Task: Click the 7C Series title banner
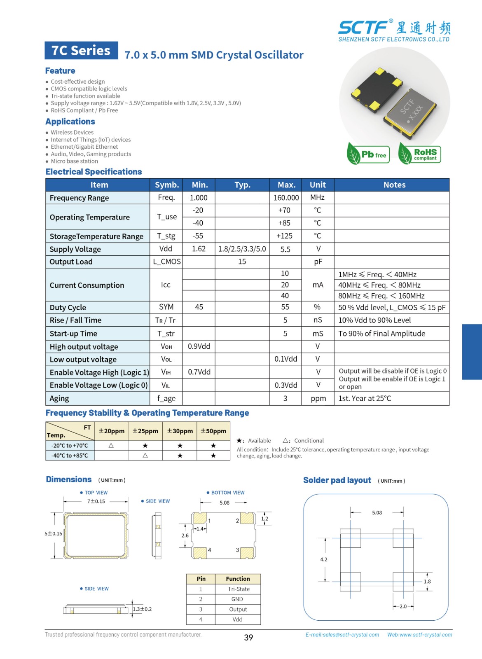coord(81,51)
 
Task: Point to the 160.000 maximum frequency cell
coord(286,198)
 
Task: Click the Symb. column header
coord(166,185)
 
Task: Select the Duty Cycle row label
coord(68,307)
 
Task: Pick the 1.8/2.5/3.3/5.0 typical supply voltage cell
coord(242,249)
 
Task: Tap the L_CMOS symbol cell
coord(166,262)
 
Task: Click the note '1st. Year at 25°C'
coord(365,398)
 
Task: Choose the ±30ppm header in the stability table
coord(180,431)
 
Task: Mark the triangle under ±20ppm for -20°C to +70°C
coord(111,446)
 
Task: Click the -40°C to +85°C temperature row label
coord(70,456)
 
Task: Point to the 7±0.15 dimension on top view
coord(96,501)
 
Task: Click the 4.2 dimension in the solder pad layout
coord(324,559)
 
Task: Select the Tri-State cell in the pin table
coord(239,589)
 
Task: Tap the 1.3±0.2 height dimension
coord(142,609)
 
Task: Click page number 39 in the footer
coord(248,638)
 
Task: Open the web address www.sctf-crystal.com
coord(419,635)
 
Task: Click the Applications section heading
coord(70,122)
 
